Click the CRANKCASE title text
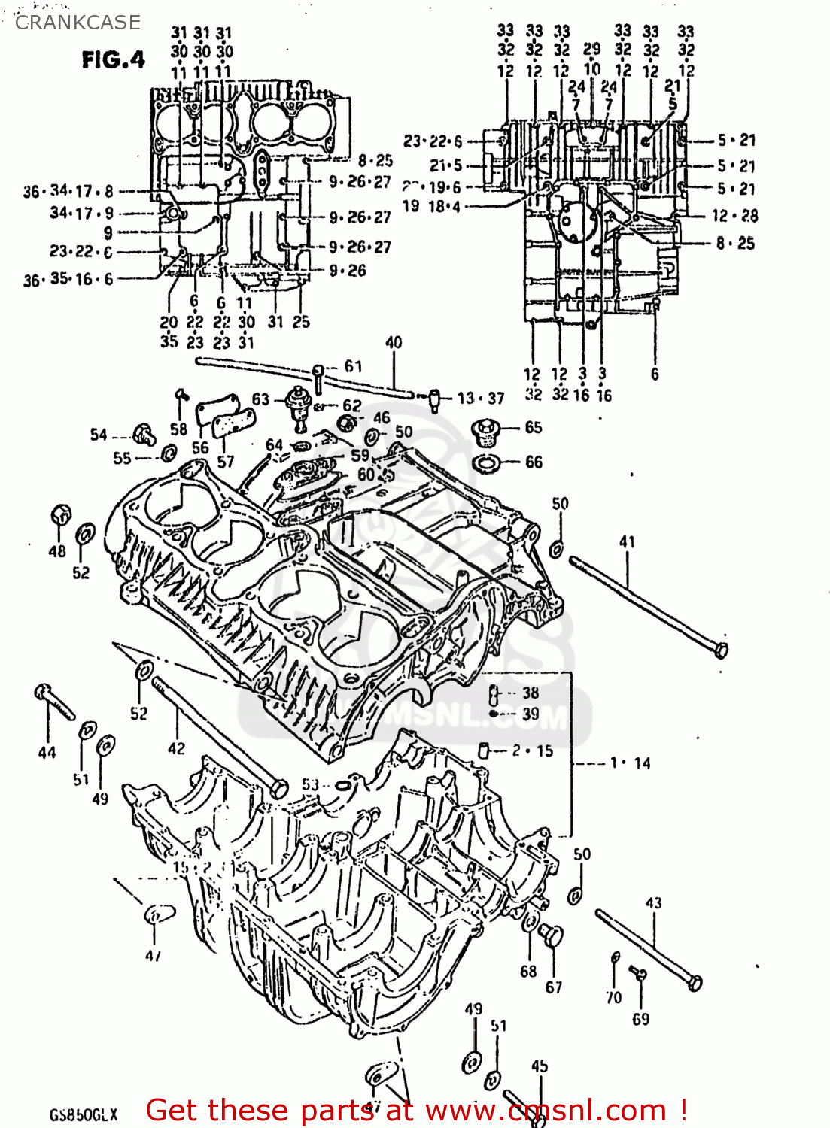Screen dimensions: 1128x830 (78, 23)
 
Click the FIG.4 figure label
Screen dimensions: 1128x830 (113, 59)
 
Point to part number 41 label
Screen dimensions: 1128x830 (627, 541)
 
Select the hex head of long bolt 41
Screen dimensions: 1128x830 (720, 649)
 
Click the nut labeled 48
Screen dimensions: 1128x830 (60, 516)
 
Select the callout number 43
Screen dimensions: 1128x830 (653, 902)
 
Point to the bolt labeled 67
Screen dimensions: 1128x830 (552, 936)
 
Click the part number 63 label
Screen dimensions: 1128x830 (260, 399)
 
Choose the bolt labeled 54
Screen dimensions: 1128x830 (143, 434)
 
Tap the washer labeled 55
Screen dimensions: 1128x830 (169, 453)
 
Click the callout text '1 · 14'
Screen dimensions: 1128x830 (630, 763)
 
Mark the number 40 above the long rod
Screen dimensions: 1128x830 (393, 343)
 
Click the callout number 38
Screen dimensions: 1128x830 (531, 693)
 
